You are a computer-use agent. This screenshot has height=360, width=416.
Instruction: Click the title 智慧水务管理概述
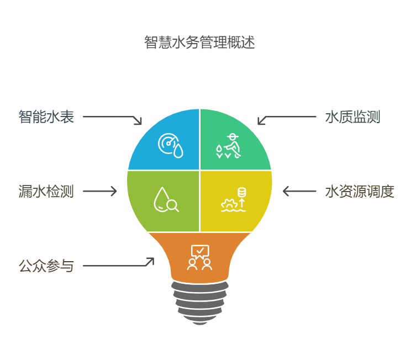click(x=199, y=42)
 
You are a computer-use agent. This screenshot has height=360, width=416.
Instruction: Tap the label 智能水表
click(x=46, y=117)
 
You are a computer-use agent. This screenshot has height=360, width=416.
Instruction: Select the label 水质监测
click(x=353, y=117)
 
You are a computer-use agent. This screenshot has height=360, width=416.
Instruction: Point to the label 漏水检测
click(x=46, y=192)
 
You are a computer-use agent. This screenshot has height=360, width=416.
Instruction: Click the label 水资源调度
click(x=360, y=192)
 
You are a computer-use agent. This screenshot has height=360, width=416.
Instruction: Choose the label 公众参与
click(x=46, y=266)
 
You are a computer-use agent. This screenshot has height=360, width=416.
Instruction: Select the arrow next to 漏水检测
click(x=100, y=191)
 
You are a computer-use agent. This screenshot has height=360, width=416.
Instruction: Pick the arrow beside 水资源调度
click(x=299, y=191)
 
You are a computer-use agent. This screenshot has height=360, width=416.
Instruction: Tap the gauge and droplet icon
click(x=171, y=145)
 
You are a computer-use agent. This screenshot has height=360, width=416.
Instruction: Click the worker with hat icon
click(x=228, y=146)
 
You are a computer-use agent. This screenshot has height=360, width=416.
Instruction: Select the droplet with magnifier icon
click(x=166, y=200)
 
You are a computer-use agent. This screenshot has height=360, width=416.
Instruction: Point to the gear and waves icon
click(x=234, y=200)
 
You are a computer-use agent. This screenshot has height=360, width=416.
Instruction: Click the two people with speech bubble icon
click(x=199, y=257)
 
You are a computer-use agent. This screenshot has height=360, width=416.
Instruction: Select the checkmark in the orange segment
click(x=200, y=250)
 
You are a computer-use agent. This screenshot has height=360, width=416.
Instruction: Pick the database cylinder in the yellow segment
click(x=241, y=192)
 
